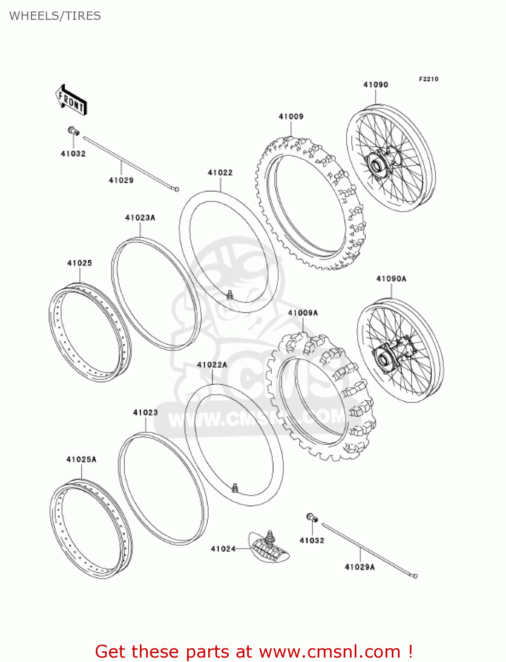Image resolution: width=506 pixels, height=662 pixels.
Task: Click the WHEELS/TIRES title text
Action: [x=55, y=16]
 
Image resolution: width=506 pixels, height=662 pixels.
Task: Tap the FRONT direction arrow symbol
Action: [x=71, y=100]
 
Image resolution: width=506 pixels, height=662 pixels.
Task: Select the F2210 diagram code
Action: [x=428, y=79]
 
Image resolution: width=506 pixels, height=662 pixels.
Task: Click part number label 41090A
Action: [x=391, y=278]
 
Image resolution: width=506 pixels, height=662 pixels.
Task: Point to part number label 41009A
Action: [x=303, y=313]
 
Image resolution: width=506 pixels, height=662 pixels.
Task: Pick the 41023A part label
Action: [x=140, y=218]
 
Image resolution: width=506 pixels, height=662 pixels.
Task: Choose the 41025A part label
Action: [x=81, y=459]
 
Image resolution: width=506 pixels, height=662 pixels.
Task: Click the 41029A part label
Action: [x=360, y=567]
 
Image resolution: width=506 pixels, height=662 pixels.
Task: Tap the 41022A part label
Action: [x=212, y=365]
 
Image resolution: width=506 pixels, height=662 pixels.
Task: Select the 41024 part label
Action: [x=223, y=549]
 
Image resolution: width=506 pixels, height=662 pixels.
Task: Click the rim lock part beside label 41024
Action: [x=269, y=548]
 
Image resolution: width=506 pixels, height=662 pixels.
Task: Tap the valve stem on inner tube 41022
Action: [x=229, y=294]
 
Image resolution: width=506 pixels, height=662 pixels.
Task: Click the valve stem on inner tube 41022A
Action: [x=235, y=487]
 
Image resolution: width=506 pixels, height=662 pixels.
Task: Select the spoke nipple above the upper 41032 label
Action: [x=73, y=131]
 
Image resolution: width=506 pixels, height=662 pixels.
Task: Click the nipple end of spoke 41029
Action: [x=176, y=189]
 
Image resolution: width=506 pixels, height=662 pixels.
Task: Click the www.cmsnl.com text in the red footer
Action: [x=330, y=651]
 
